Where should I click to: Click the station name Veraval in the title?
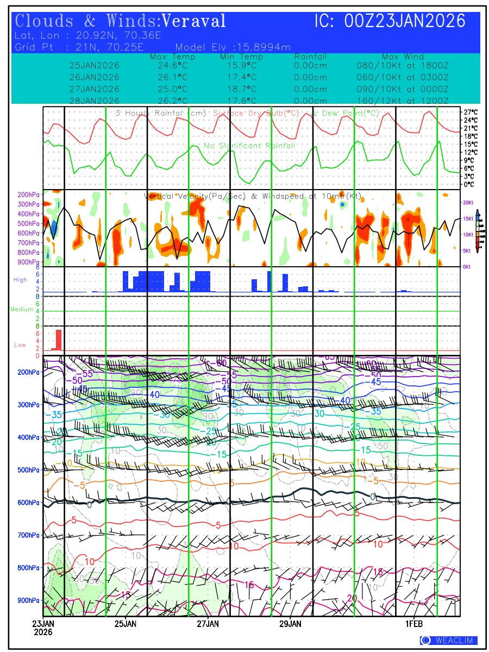194,21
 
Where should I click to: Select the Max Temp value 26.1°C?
169,77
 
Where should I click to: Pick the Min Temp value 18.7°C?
241,89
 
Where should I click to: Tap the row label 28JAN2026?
95,101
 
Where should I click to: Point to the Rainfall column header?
311,57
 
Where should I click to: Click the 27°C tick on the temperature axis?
471,112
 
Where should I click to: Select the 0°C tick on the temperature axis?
469,185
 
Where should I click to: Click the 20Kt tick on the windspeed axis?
469,203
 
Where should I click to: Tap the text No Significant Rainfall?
249,146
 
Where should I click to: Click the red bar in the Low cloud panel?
59,340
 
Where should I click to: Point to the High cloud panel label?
20,280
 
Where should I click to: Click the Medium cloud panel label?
22,310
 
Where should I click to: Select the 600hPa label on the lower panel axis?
29,503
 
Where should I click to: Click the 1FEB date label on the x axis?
415,624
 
